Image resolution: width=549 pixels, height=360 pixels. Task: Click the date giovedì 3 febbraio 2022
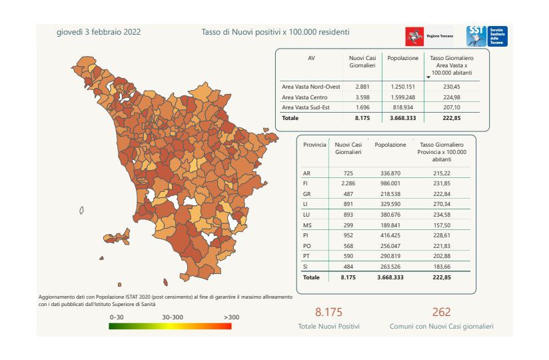click(99, 31)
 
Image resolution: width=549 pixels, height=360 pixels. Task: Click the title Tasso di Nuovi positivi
click(275, 31)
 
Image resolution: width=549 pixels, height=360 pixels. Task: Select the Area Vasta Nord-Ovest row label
click(311, 87)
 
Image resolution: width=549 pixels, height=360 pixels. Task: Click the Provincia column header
click(314, 145)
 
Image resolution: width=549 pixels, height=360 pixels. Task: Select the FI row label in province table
click(306, 183)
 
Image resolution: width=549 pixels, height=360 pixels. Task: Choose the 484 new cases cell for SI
click(348, 267)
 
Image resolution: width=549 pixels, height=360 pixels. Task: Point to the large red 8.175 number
click(328, 312)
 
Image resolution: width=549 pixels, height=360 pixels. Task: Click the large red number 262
click(441, 312)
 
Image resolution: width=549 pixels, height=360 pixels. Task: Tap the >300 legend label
click(231, 317)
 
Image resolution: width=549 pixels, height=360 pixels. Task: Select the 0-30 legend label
click(117, 317)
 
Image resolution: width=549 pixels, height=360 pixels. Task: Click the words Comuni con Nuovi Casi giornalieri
click(441, 327)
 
